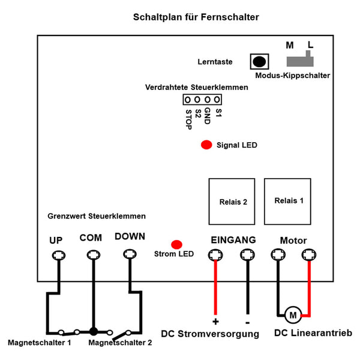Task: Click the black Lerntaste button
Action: click(x=259, y=62)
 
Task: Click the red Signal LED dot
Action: click(x=206, y=145)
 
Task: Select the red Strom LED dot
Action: click(x=176, y=245)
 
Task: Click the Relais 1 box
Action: click(x=287, y=202)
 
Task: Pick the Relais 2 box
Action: click(x=232, y=202)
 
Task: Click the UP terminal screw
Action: click(x=59, y=256)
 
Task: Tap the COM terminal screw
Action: click(x=94, y=254)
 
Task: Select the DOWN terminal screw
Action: click(x=130, y=254)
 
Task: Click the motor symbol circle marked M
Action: click(x=293, y=315)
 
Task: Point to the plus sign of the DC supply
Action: click(x=215, y=322)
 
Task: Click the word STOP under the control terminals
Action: click(x=188, y=119)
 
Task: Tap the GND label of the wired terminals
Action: click(x=208, y=116)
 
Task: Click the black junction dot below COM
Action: click(x=94, y=331)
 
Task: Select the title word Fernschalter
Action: click(x=230, y=17)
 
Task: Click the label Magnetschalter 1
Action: click(x=39, y=343)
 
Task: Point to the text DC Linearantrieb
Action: click(x=313, y=332)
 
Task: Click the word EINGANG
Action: click(x=233, y=240)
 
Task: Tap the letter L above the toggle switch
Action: click(x=310, y=44)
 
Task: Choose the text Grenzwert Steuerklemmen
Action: click(x=97, y=216)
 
